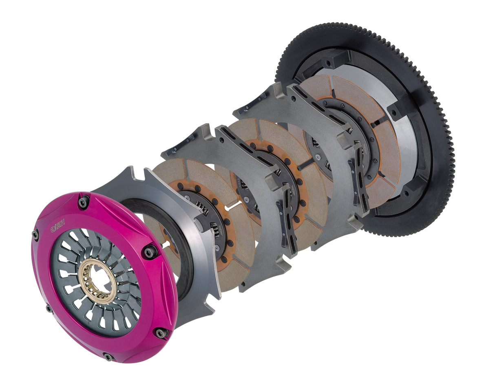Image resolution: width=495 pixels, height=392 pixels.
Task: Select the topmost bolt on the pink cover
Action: click(x=85, y=202)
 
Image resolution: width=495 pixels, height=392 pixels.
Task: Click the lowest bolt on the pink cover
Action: click(x=108, y=358)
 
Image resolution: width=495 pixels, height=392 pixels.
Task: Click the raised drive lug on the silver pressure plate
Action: click(x=200, y=222)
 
